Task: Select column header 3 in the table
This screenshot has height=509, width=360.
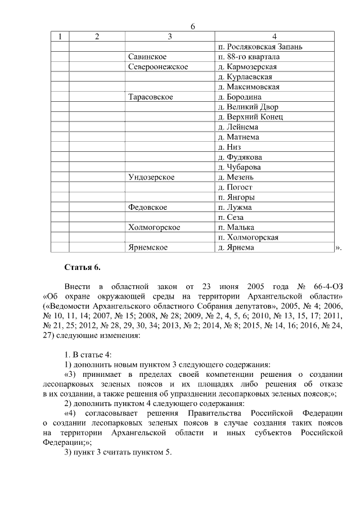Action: [x=169, y=37]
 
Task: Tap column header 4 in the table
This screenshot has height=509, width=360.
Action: [x=274, y=37]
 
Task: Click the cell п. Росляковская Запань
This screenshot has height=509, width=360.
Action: [x=260, y=47]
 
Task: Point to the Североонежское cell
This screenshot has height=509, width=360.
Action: [x=157, y=67]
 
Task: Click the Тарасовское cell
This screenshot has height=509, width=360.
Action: [x=150, y=97]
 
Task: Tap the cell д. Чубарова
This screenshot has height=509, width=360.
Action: [x=243, y=167]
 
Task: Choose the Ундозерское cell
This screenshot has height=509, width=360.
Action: [x=151, y=177]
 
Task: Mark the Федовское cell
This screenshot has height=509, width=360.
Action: [x=147, y=208]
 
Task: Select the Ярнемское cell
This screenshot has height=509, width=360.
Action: [x=148, y=247]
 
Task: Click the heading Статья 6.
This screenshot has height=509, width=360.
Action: [x=82, y=267]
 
